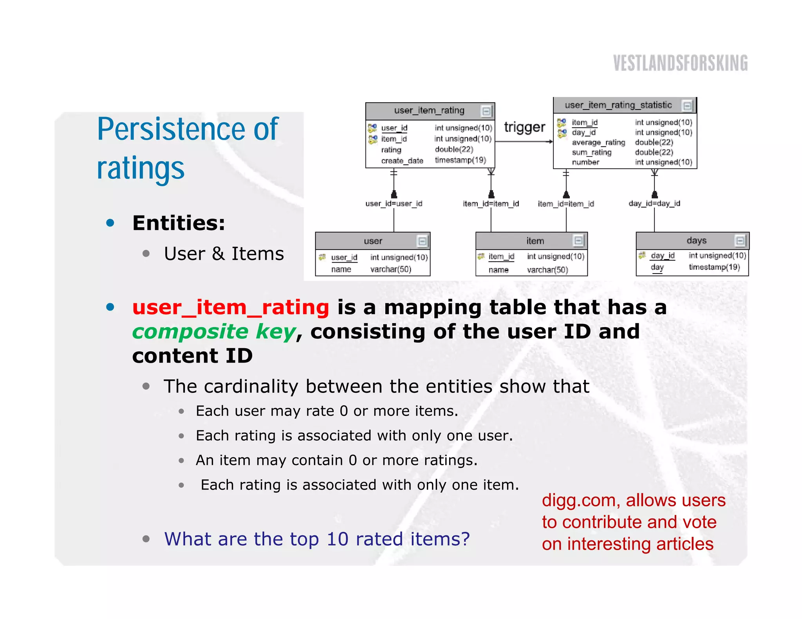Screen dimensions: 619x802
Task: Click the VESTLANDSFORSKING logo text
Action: [x=680, y=63]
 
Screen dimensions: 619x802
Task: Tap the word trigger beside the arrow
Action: [x=524, y=127]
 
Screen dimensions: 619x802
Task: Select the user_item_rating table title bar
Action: [x=429, y=111]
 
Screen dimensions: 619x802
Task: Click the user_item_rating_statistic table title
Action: [x=618, y=105]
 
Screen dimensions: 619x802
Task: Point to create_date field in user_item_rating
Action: [x=402, y=161]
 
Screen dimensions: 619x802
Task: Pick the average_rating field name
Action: [x=598, y=142]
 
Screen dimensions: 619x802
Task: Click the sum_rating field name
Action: [x=591, y=152]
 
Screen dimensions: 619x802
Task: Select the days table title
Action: [x=696, y=241]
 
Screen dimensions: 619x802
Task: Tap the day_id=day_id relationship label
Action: [x=654, y=203]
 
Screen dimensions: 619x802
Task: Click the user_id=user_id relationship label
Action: [x=394, y=203]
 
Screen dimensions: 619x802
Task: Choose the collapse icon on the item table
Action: [x=578, y=240]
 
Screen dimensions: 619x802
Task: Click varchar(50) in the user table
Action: [x=390, y=269]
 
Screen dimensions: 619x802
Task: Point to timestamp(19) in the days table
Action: [x=714, y=267]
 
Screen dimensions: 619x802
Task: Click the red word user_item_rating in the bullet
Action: [x=231, y=307]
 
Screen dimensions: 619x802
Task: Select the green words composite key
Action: [x=214, y=332]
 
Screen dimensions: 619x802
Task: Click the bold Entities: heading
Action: [x=179, y=223]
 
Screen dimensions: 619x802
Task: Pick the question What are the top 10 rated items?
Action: [x=316, y=539]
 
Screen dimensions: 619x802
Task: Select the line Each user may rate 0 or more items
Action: [x=327, y=411]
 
